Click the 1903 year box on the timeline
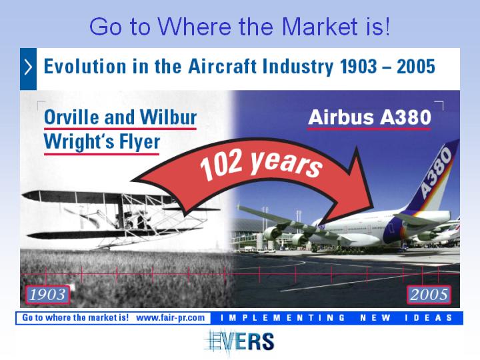(x=48, y=295)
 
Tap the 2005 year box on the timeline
(x=429, y=295)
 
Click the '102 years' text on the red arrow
(x=261, y=163)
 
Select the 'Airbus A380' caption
(x=369, y=117)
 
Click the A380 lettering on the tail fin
(x=436, y=171)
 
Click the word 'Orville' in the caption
(x=72, y=117)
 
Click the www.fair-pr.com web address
(x=170, y=318)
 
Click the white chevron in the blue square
(x=28, y=67)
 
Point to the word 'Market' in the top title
(x=320, y=27)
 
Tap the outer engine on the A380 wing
(x=273, y=233)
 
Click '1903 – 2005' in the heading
(x=387, y=67)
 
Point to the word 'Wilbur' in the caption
(x=168, y=117)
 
